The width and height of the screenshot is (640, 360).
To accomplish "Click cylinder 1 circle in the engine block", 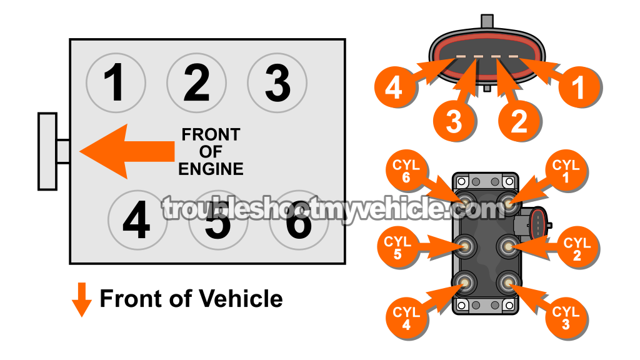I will [116, 82].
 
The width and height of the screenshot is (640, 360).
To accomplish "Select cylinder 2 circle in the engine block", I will [196, 82].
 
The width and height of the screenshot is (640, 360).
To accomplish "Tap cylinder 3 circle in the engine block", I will [277, 82].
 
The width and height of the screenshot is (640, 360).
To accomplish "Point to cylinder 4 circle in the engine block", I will [137, 221].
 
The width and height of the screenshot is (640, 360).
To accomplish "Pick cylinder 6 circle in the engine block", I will [299, 221].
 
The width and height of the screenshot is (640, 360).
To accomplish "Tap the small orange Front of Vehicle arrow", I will [82, 299].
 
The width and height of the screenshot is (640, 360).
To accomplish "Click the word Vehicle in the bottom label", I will [240, 299].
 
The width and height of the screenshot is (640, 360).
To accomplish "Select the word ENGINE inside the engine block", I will [211, 169].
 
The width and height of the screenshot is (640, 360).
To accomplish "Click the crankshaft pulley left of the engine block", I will [48, 151].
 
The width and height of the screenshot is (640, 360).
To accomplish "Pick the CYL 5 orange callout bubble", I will [397, 247].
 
